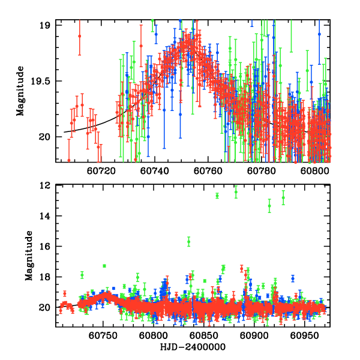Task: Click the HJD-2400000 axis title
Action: pos(192,347)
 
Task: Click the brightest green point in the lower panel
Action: pos(236,192)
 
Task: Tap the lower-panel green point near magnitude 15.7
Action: pos(189,241)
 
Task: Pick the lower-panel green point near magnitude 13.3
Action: pos(269,206)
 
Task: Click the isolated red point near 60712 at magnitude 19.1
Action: pos(79,36)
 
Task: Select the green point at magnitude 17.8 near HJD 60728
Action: pos(82,275)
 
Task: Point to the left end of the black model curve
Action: pos(64,132)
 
